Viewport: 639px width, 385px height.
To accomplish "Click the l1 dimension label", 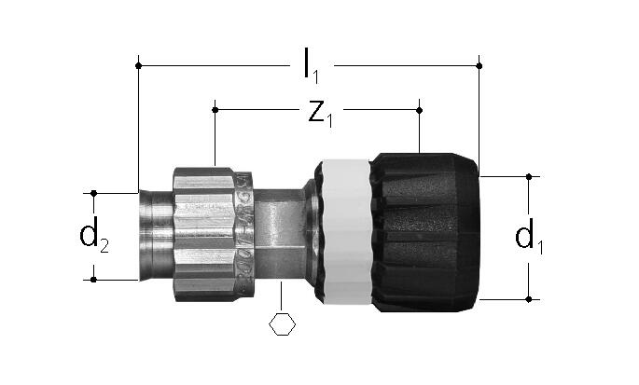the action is [312, 66].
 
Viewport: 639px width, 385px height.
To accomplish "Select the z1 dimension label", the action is [320, 114].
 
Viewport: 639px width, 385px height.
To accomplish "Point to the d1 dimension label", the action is [529, 237].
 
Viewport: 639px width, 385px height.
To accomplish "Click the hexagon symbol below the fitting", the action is [282, 323].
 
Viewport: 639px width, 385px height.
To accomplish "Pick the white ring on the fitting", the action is [346, 232].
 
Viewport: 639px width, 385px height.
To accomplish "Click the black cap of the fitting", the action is [425, 233].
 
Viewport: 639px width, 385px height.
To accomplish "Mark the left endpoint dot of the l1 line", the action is [139, 65].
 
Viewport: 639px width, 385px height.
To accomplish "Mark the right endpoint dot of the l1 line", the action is [479, 65].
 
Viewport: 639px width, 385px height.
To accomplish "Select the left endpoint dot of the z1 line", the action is [215, 110].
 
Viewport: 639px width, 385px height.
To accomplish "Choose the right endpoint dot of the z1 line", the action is [420, 110].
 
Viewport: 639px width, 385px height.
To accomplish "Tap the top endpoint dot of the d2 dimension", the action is [93, 193].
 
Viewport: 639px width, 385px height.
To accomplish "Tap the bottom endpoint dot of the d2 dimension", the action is [93, 280].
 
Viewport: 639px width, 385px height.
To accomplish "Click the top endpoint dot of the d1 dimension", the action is [529, 177].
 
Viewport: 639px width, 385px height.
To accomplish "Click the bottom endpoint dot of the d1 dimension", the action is [529, 299].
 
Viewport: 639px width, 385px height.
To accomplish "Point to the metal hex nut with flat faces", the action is [203, 235].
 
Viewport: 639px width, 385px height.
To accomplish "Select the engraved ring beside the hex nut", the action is [244, 233].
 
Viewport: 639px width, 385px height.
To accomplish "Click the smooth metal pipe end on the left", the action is [157, 236].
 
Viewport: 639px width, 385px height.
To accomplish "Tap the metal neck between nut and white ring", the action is [279, 233].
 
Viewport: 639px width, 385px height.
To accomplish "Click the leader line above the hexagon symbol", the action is [281, 296].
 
